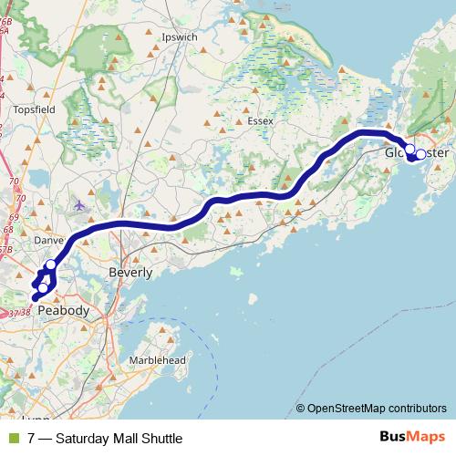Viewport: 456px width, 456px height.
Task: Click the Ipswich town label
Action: [x=178, y=37]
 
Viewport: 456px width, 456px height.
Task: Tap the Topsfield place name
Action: [x=36, y=109]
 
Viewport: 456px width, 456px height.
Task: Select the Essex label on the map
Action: [x=260, y=120]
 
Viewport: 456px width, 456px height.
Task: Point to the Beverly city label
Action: [x=130, y=272]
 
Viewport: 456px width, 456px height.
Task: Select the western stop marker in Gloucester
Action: [x=409, y=149]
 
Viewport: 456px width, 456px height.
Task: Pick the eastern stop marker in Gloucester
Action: [x=420, y=154]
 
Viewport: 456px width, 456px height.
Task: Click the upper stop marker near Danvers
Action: [x=50, y=265]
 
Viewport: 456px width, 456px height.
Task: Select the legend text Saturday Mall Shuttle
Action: [x=119, y=439]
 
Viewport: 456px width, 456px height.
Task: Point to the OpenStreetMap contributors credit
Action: [x=377, y=409]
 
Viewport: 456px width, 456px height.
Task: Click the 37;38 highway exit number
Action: [x=18, y=313]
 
